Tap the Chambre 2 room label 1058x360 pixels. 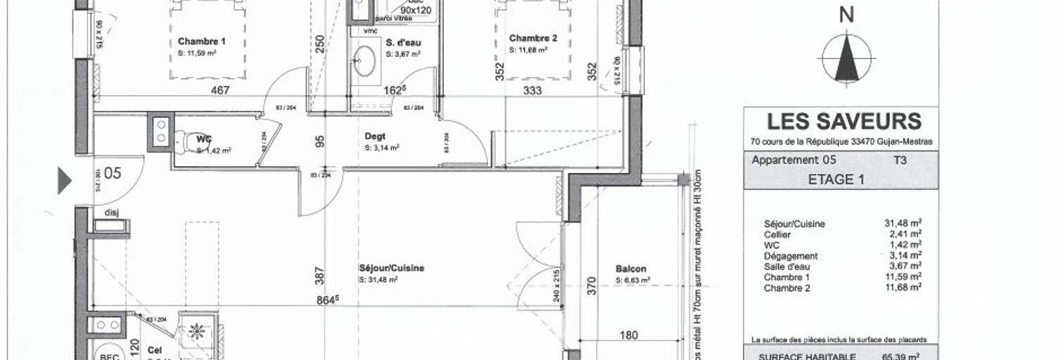click(x=533, y=38)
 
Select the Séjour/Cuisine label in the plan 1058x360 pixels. click(x=391, y=268)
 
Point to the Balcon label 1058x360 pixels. click(x=630, y=269)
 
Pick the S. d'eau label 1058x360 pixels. click(x=403, y=42)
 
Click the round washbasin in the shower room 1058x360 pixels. click(x=364, y=60)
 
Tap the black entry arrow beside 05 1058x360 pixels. click(x=64, y=181)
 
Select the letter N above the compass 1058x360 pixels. click(x=847, y=15)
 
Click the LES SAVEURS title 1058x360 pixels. click(x=843, y=122)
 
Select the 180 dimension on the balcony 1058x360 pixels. click(x=630, y=335)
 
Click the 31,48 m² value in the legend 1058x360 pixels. click(x=903, y=224)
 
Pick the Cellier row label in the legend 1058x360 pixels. click(x=777, y=235)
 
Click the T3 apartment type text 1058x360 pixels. click(x=898, y=160)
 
